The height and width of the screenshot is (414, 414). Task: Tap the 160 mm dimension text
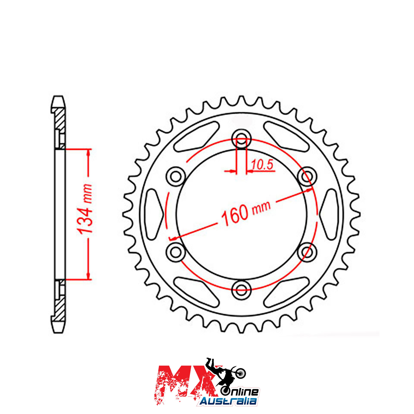tap(246, 213)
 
